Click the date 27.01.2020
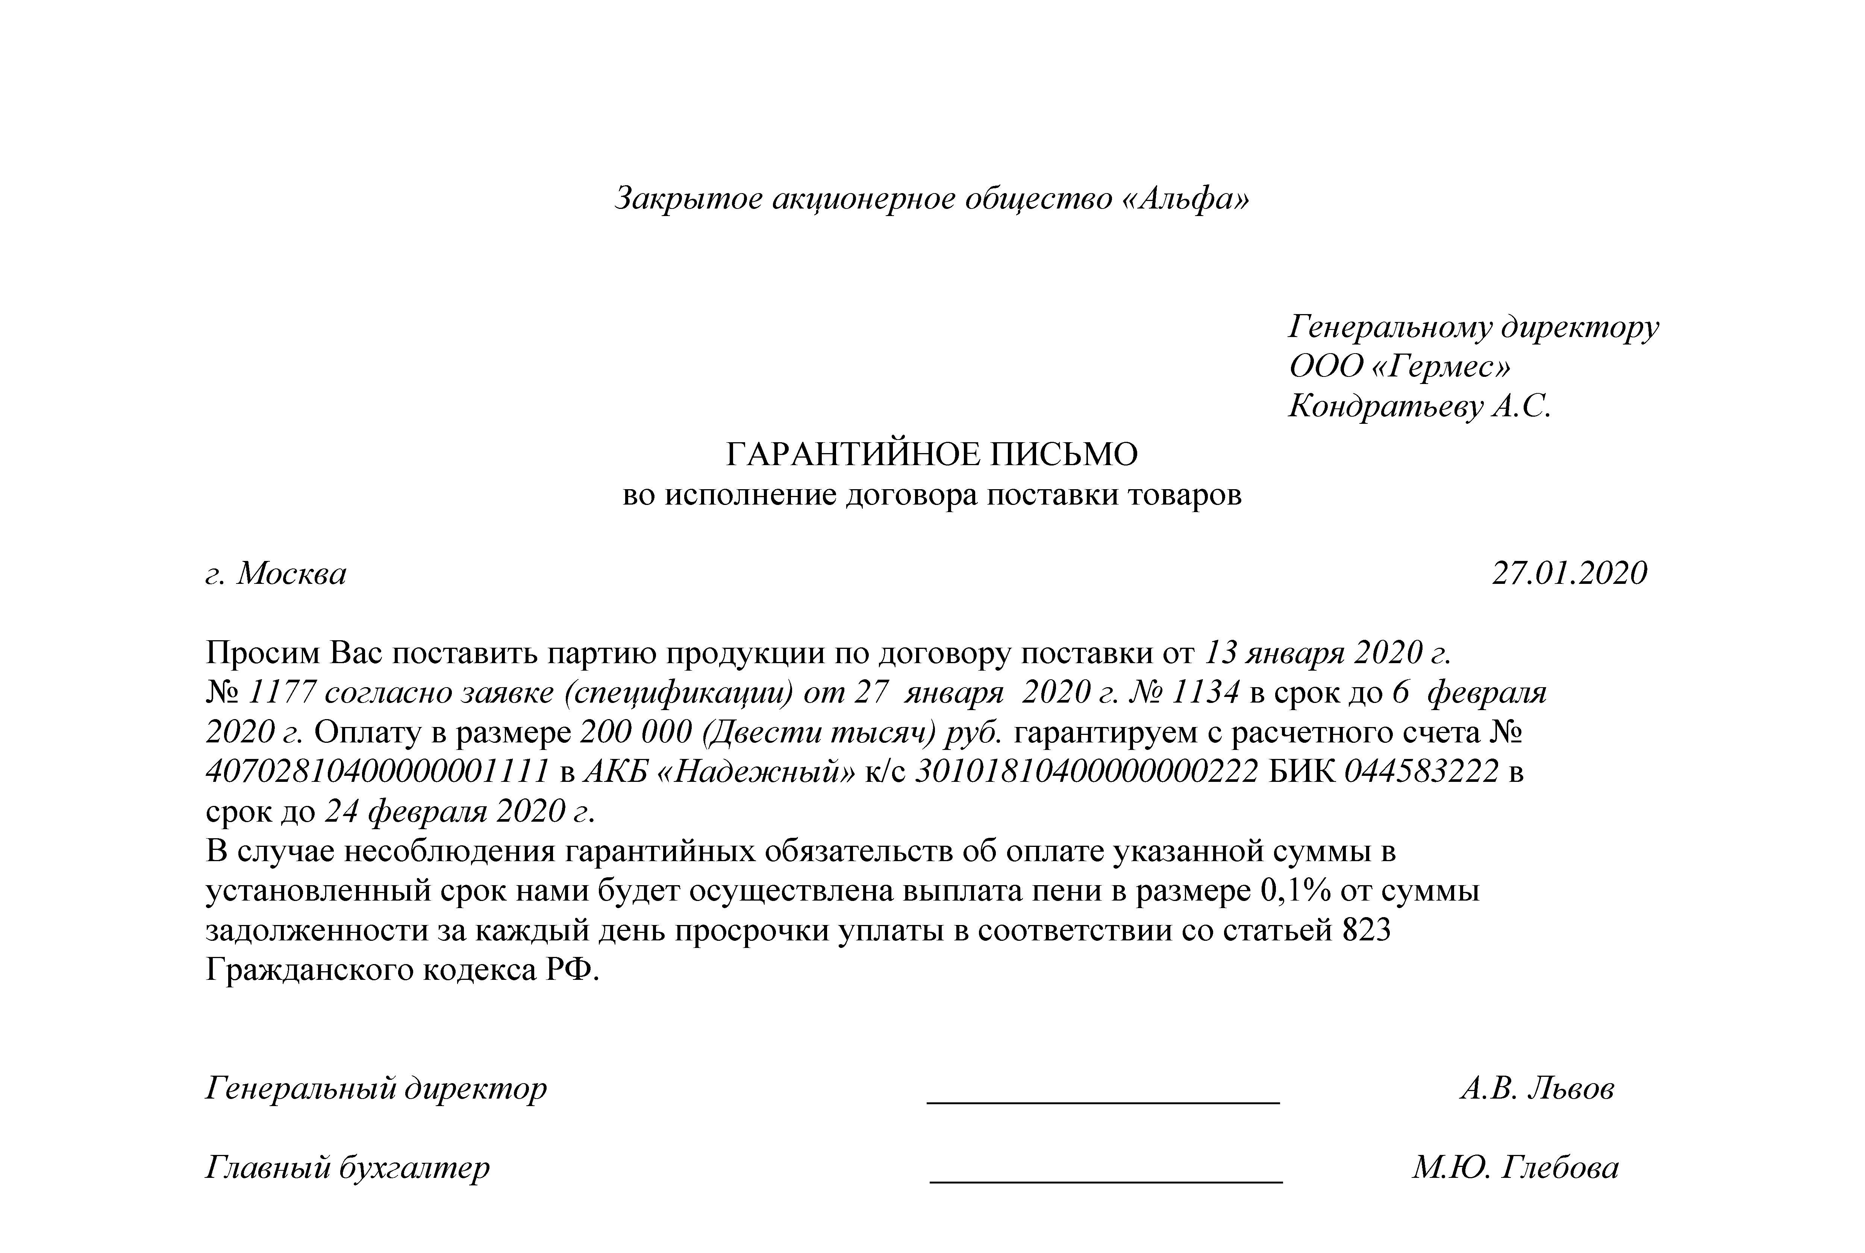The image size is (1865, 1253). coord(1569,574)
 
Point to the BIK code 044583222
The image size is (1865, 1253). coord(1421,772)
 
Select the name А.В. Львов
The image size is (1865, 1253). coord(1536,1088)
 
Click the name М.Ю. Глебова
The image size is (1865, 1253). coord(1515,1167)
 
